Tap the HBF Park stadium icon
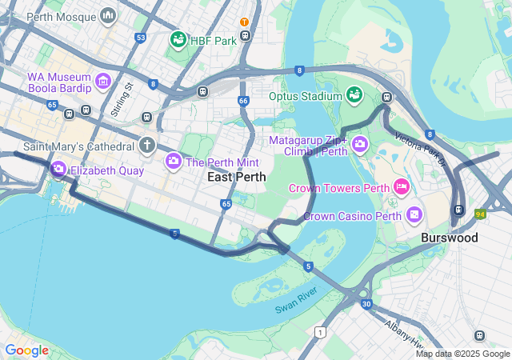click(x=178, y=39)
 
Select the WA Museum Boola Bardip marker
click(x=102, y=81)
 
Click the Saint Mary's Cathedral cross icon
click(x=146, y=146)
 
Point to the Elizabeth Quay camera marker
click(x=58, y=170)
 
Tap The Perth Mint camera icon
click(x=173, y=162)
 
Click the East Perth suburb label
click(x=237, y=177)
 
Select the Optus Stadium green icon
click(x=353, y=96)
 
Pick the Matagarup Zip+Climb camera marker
click(x=360, y=144)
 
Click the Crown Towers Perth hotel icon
click(x=402, y=188)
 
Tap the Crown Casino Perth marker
click(x=414, y=214)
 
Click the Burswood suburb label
click(x=450, y=238)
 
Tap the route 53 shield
click(x=141, y=38)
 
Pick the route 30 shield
click(x=366, y=304)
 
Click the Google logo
click(x=26, y=350)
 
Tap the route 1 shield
click(x=321, y=332)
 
